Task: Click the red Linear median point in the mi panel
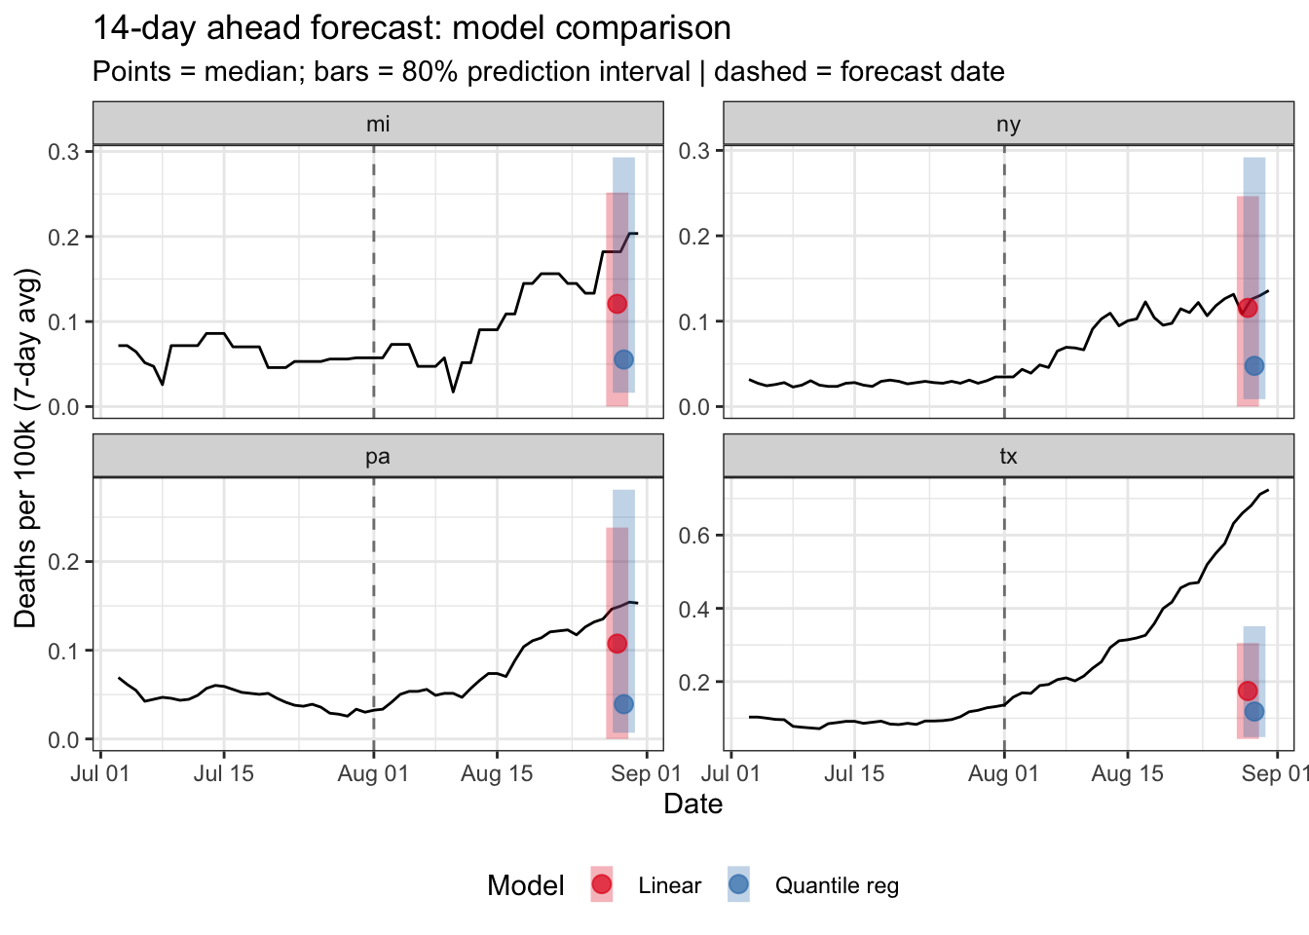[x=617, y=304]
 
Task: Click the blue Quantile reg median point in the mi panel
[x=623, y=359]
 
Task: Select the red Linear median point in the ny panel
[x=1248, y=308]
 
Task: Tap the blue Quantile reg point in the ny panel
[x=1254, y=365]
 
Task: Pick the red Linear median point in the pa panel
[x=617, y=644]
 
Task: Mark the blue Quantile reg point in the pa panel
[x=623, y=704]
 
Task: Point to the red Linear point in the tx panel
[x=1248, y=691]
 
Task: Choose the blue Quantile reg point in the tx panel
[x=1254, y=711]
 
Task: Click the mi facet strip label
[x=378, y=124]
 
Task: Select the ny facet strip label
[x=1008, y=124]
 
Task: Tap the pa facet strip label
[x=378, y=457]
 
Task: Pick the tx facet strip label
[x=1008, y=457]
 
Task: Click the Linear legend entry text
[x=669, y=885]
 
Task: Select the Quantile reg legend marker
[x=738, y=884]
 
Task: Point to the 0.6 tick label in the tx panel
[x=699, y=535]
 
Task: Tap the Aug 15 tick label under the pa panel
[x=497, y=773]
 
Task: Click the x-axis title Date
[x=692, y=804]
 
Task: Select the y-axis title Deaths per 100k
[x=25, y=449]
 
